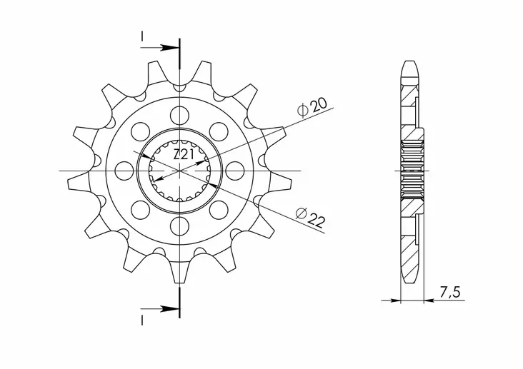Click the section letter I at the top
(143, 35)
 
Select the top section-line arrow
(169, 48)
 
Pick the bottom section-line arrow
(169, 309)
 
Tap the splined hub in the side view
(414, 171)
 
